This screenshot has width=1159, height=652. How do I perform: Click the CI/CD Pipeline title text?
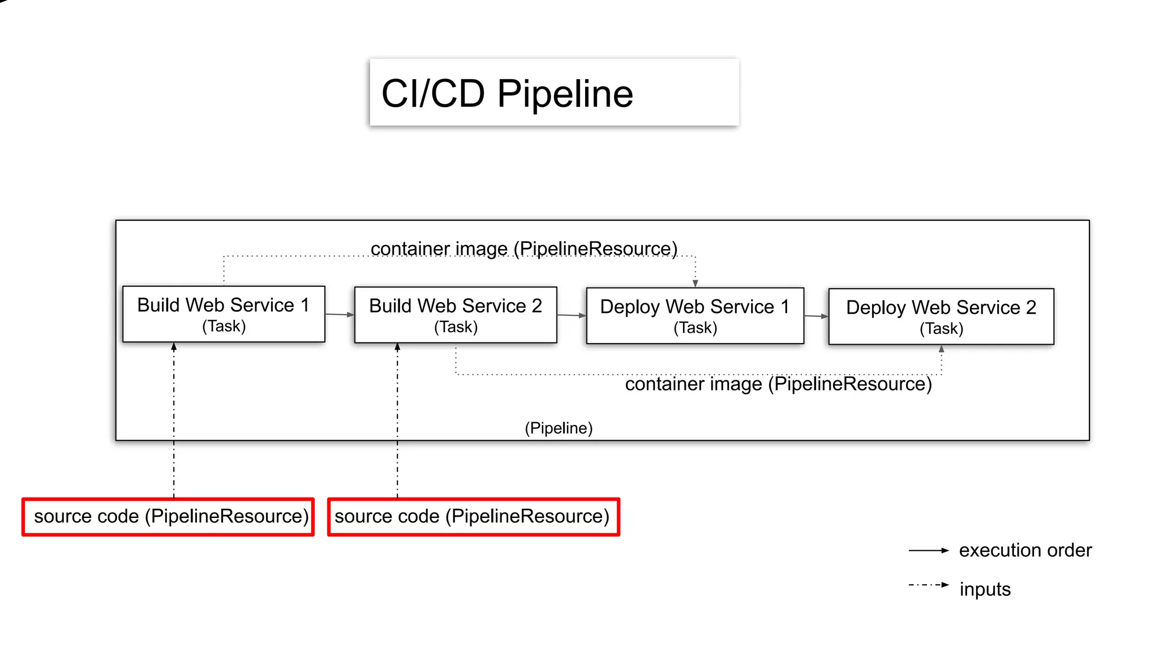click(x=507, y=93)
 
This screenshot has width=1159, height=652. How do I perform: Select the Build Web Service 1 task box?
click(x=224, y=314)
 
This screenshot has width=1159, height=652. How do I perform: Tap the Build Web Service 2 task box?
click(x=456, y=315)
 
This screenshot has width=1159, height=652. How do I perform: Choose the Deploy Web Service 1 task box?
click(x=695, y=316)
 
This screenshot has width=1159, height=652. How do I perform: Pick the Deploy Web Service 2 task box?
click(x=941, y=317)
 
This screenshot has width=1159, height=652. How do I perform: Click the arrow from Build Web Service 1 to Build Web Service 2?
click(x=340, y=315)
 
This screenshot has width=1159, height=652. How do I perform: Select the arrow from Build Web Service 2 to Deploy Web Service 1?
click(x=572, y=315)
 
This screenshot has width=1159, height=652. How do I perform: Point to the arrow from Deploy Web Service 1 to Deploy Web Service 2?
click(x=816, y=316)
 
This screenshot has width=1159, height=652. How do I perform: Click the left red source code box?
click(x=168, y=517)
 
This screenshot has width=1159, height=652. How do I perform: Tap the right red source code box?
click(x=474, y=517)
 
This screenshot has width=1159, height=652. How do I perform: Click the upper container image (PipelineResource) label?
click(x=524, y=249)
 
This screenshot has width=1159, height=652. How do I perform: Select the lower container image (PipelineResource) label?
click(x=778, y=384)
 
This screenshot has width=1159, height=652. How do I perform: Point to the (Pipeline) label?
click(x=559, y=428)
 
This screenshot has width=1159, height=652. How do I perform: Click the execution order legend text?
click(x=1025, y=550)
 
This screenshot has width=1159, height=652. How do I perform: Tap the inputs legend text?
click(x=985, y=589)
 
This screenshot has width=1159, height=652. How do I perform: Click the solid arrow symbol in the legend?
click(x=929, y=550)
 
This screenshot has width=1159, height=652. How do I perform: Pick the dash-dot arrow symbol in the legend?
click(x=929, y=585)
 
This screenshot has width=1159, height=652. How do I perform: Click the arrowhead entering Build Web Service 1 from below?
click(x=174, y=346)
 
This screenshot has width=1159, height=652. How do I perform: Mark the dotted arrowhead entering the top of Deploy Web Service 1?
click(x=696, y=284)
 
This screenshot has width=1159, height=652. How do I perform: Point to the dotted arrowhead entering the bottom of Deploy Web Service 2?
click(x=942, y=349)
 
